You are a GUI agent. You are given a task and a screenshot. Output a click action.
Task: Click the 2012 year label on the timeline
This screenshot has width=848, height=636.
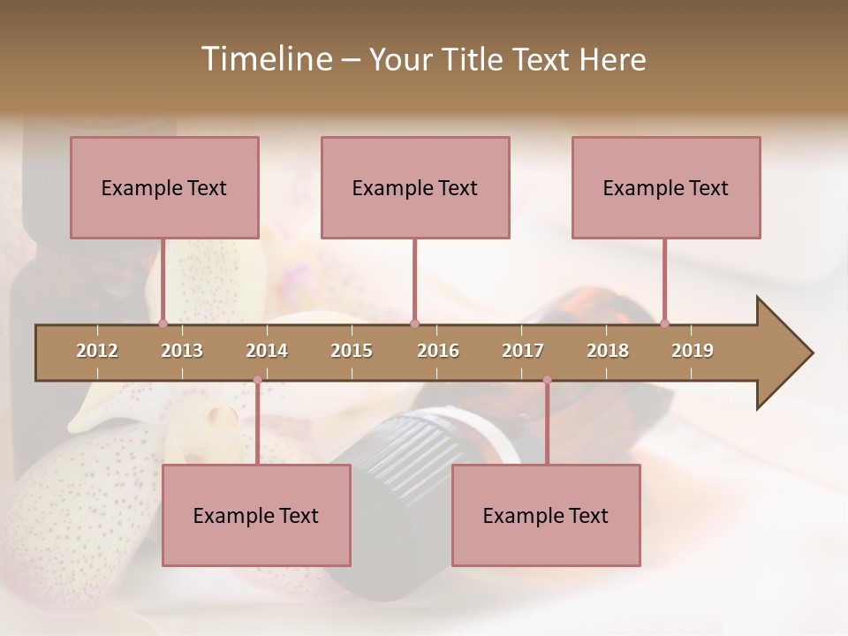point(97,351)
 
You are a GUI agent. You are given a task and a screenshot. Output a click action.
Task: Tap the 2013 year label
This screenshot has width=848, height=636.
point(182,351)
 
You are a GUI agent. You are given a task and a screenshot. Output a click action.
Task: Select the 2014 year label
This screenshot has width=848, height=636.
point(267,351)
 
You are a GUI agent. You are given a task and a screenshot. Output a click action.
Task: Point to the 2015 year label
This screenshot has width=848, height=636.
point(352,351)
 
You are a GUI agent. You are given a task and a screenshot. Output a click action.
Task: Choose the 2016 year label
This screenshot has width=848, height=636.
point(438,351)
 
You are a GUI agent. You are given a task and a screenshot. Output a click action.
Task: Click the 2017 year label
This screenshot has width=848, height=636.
point(523,351)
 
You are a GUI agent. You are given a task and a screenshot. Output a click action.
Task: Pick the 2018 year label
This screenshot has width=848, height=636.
point(608,351)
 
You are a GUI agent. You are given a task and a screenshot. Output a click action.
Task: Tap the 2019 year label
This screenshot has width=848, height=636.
point(693,351)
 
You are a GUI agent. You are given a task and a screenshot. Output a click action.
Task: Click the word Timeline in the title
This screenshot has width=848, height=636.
point(265,59)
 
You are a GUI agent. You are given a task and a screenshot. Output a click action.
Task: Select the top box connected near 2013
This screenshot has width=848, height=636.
point(164,187)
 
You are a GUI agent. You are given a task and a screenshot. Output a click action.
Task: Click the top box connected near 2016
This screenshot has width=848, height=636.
point(415,187)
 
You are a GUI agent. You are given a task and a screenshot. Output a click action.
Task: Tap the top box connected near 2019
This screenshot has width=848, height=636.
point(666,187)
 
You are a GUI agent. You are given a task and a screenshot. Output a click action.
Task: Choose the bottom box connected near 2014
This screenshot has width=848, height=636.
point(256,515)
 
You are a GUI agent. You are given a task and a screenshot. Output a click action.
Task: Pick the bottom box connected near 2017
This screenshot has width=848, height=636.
point(546,515)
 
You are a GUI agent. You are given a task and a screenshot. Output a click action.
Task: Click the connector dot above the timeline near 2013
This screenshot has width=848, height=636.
point(163,323)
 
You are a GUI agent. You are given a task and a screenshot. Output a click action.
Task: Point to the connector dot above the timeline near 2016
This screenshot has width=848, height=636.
point(414,323)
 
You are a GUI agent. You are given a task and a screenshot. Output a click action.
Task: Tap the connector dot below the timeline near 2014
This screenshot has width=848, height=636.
point(257,380)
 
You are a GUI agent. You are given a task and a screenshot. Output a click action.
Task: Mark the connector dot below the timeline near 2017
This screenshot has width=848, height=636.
point(547,380)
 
